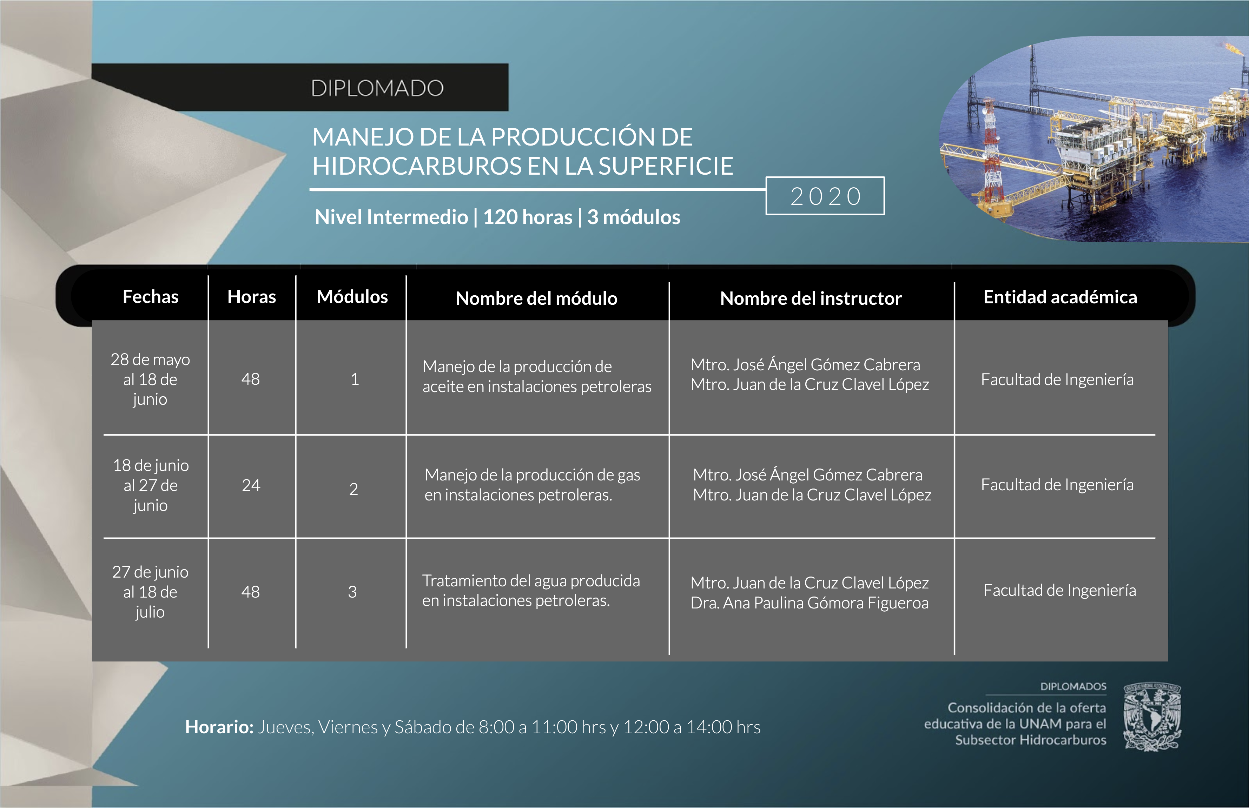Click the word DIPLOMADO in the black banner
tap(377, 88)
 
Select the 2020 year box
tap(825, 196)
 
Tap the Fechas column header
tap(151, 297)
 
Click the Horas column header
tap(251, 297)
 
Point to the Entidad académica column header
tap(1060, 297)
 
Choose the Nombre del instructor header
tap(811, 298)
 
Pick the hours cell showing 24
tap(251, 485)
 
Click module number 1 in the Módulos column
tap(355, 379)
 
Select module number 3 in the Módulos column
tap(352, 592)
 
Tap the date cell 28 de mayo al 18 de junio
tap(150, 379)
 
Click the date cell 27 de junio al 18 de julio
tap(150, 592)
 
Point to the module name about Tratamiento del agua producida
tap(531, 591)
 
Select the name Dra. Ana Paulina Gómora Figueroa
tap(809, 603)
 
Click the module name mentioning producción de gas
tap(532, 485)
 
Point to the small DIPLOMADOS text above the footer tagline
tap(1073, 686)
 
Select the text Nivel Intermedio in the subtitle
tap(391, 217)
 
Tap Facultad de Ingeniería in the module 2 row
tap(1057, 485)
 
